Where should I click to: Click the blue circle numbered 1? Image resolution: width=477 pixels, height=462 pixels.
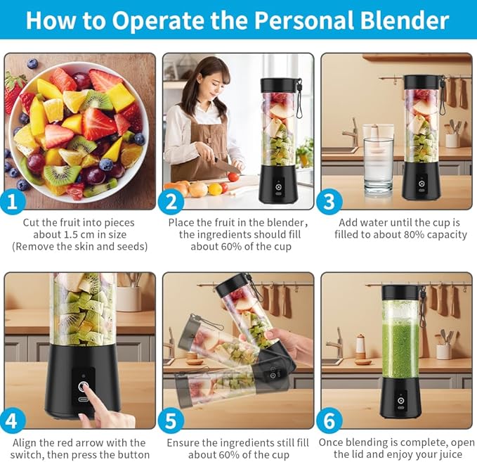[12, 201]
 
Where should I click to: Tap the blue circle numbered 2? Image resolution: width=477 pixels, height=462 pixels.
[171, 201]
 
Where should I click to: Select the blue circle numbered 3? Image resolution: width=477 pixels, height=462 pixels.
[329, 201]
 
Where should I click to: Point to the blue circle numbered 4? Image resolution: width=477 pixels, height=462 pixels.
[12, 421]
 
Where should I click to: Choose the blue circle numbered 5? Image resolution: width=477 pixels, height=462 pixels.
[171, 421]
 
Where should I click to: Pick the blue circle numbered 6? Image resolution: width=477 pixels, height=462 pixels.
[329, 421]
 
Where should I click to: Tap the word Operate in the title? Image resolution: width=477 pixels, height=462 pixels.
[158, 21]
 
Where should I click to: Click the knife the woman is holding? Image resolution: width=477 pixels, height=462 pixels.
[227, 165]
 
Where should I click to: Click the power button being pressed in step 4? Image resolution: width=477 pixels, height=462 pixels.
[83, 387]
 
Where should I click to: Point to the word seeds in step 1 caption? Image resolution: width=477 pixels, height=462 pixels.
[130, 246]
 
